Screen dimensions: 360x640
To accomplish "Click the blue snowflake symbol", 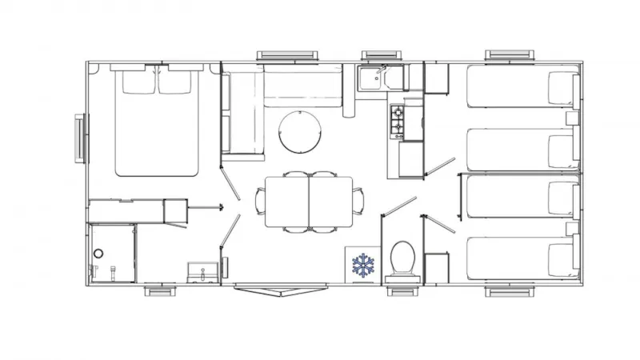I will click(x=364, y=266).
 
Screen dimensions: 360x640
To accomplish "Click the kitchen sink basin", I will click(x=371, y=78).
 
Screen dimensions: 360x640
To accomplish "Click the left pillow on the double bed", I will click(x=138, y=82).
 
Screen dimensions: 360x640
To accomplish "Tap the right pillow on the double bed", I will click(x=178, y=82).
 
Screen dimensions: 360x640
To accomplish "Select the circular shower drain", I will click(x=98, y=254).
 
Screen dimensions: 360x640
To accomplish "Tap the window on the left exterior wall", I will click(x=79, y=138).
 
